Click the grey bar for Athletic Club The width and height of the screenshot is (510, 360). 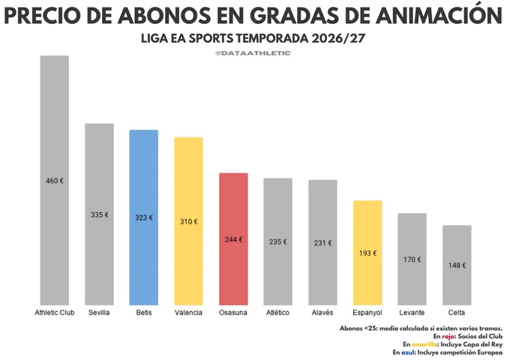pos(54,180)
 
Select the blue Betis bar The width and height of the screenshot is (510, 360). pos(144,217)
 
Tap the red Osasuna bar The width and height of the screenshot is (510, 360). pos(233,239)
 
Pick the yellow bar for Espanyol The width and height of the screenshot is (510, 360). pos(367,253)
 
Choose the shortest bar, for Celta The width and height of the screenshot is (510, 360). pos(457,265)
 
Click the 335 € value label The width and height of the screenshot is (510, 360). pos(100,214)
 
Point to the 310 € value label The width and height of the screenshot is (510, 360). pos(189,221)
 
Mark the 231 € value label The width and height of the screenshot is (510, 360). pos(323,242)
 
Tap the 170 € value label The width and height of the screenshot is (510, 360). pos(412,259)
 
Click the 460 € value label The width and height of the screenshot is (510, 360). pos(55,181)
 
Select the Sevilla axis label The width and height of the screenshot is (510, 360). pos(99,313)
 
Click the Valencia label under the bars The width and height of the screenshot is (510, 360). pos(188,313)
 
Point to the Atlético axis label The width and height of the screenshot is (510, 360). pos(277,313)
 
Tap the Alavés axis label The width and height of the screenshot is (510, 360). pos(322,313)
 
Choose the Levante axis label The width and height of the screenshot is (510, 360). pos(412,313)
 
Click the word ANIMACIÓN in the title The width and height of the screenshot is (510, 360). pos(438,15)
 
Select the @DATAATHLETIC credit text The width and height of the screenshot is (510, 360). pos(253,53)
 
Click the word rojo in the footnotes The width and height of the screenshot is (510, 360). pos(448,336)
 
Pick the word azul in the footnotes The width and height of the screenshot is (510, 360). pos(408,352)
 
